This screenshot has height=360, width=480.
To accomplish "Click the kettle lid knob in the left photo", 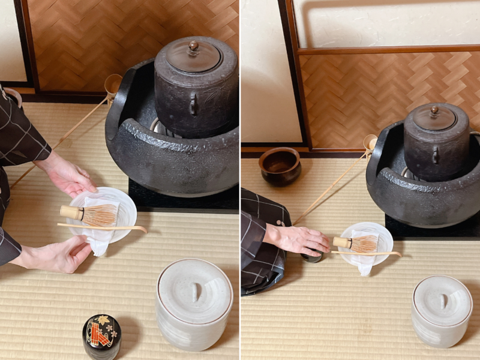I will pos(194,46).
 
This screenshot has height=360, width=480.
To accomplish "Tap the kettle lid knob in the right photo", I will pos(434,110).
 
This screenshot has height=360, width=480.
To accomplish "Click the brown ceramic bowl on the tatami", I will pos(280,165).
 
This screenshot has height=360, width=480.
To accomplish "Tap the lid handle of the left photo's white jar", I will pos(193,292).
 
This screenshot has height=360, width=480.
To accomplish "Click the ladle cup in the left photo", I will pos(113,84).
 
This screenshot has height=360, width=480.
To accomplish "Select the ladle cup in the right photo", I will pos(370,142).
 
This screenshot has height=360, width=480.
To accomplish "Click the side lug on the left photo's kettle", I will pos(193,105).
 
